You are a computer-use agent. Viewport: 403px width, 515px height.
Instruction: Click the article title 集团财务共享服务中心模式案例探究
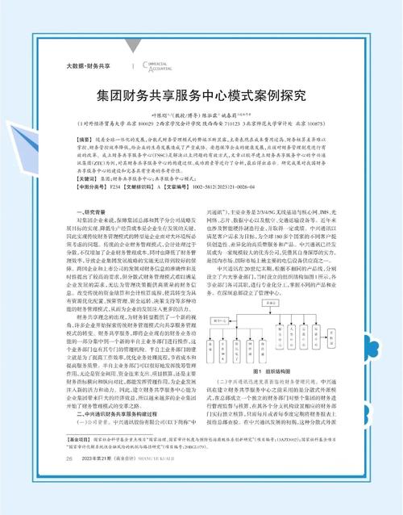click(x=201, y=94)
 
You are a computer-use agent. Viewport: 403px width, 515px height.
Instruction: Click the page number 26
click(x=69, y=481)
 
